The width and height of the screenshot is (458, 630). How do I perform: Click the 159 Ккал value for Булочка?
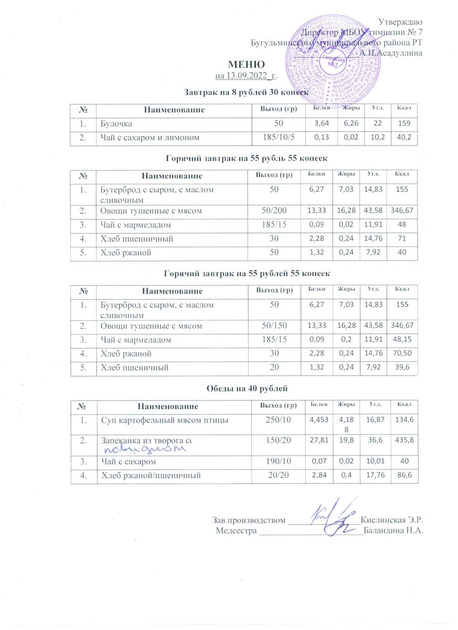point(403,124)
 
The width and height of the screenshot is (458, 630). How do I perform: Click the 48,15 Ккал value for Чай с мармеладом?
point(403,340)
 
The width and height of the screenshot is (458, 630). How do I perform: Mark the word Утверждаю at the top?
point(401,22)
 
